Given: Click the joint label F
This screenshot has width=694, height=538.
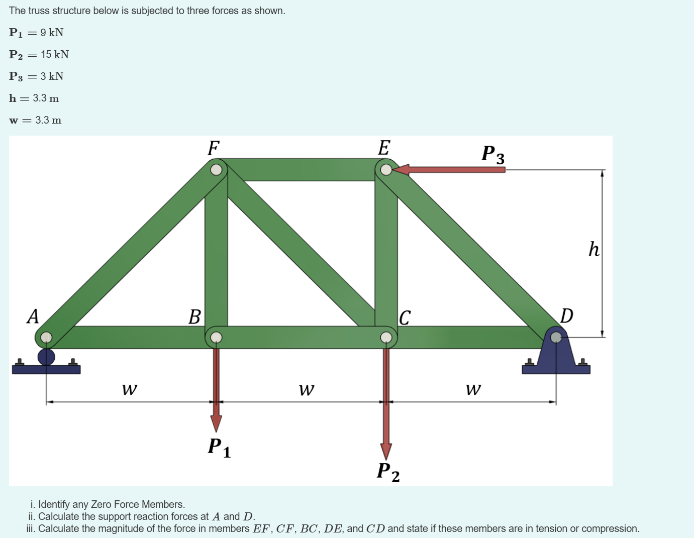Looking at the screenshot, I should [x=214, y=148].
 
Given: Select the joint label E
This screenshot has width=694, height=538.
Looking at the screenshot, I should [x=384, y=148].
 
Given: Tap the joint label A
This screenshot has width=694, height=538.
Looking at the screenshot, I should [x=33, y=316].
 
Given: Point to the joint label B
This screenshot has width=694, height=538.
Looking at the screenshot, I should [x=194, y=317].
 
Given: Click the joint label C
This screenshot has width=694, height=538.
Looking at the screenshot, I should [x=405, y=317].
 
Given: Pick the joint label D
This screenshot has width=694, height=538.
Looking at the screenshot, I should [x=566, y=316].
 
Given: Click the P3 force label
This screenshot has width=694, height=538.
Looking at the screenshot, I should [x=492, y=154].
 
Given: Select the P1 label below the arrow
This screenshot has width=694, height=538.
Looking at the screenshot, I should [x=219, y=447].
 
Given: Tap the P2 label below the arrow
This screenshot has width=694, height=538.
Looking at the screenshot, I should [x=388, y=472].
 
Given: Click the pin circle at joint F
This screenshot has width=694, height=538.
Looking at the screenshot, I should [x=216, y=170].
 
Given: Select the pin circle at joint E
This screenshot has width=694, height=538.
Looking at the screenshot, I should [x=386, y=170].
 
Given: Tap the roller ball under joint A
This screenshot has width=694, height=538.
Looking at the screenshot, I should [x=46, y=357].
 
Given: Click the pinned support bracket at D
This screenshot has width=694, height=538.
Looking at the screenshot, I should [x=556, y=354].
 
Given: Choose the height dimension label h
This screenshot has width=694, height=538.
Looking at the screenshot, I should [x=594, y=249].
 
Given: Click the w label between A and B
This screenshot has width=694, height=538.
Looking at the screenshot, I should [x=129, y=389].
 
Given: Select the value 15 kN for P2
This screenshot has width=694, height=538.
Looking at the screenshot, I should [x=55, y=54].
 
